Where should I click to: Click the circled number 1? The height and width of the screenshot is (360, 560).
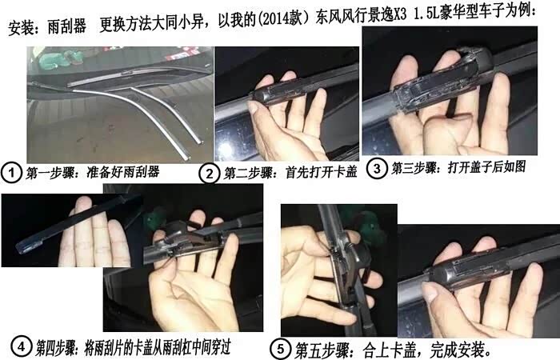tap(11, 173)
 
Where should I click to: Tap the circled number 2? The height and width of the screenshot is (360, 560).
tap(210, 174)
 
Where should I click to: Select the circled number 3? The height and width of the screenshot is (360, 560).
tap(377, 168)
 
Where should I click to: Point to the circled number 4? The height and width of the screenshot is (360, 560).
tap(21, 346)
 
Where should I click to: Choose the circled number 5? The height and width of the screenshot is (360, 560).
tap(280, 349)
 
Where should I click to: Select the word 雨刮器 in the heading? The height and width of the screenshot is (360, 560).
tap(66, 26)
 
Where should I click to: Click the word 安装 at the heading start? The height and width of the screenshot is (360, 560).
tap(22, 28)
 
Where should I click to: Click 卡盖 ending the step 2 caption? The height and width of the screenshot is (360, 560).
tap(346, 172)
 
